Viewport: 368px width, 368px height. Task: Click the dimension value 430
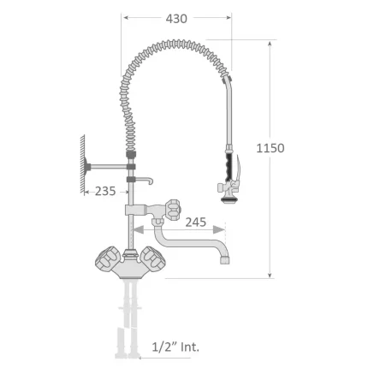176,17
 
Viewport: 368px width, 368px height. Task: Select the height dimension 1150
270,148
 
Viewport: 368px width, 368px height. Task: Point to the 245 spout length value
196,222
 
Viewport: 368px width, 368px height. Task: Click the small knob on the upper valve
175,208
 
